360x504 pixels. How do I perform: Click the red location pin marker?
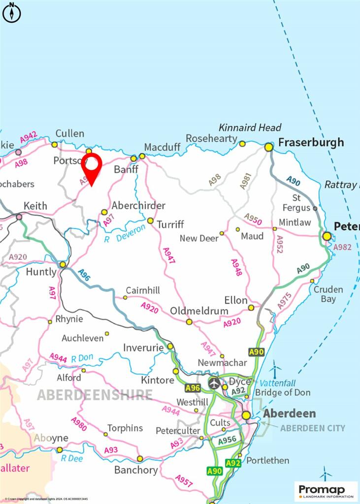coord(92,167)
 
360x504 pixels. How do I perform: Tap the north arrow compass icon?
coord(11,12)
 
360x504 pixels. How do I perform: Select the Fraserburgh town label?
coord(311,143)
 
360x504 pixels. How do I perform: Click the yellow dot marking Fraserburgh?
coord(269,147)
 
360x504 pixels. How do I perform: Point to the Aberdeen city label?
coord(289,413)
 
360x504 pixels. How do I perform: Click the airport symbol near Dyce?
coord(214,383)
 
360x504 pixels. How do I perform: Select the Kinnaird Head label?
coord(250,127)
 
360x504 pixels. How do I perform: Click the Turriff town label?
coord(170,224)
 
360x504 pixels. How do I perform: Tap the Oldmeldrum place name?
coord(199,311)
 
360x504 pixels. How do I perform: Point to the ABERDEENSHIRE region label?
coord(95,395)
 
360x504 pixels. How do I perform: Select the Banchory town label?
coord(136,470)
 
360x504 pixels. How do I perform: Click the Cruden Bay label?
coord(328,294)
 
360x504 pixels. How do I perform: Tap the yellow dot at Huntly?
coord(63,265)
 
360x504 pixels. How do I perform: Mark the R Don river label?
coord(82,359)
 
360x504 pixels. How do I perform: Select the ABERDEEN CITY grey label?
coord(313,428)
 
